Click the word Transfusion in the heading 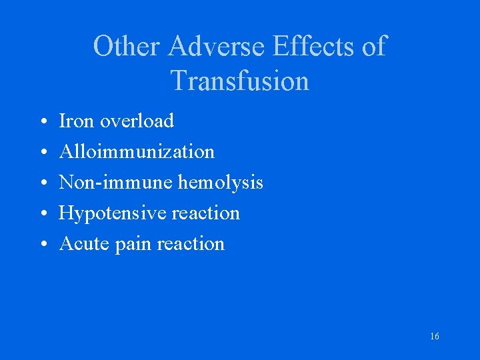pyautogui.click(x=240, y=81)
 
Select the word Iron pyautogui.click(x=75, y=121)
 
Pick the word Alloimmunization pyautogui.click(x=137, y=151)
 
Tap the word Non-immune pyautogui.click(x=116, y=182)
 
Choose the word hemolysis pyautogui.click(x=221, y=182)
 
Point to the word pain pyautogui.click(x=133, y=244)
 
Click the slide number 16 pyautogui.click(x=435, y=337)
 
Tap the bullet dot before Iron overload pyautogui.click(x=41, y=122)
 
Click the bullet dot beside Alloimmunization pyautogui.click(x=41, y=153)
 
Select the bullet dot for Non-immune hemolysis pyautogui.click(x=41, y=183)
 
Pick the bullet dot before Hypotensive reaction pyautogui.click(x=41, y=214)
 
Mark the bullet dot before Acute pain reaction pyautogui.click(x=41, y=245)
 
